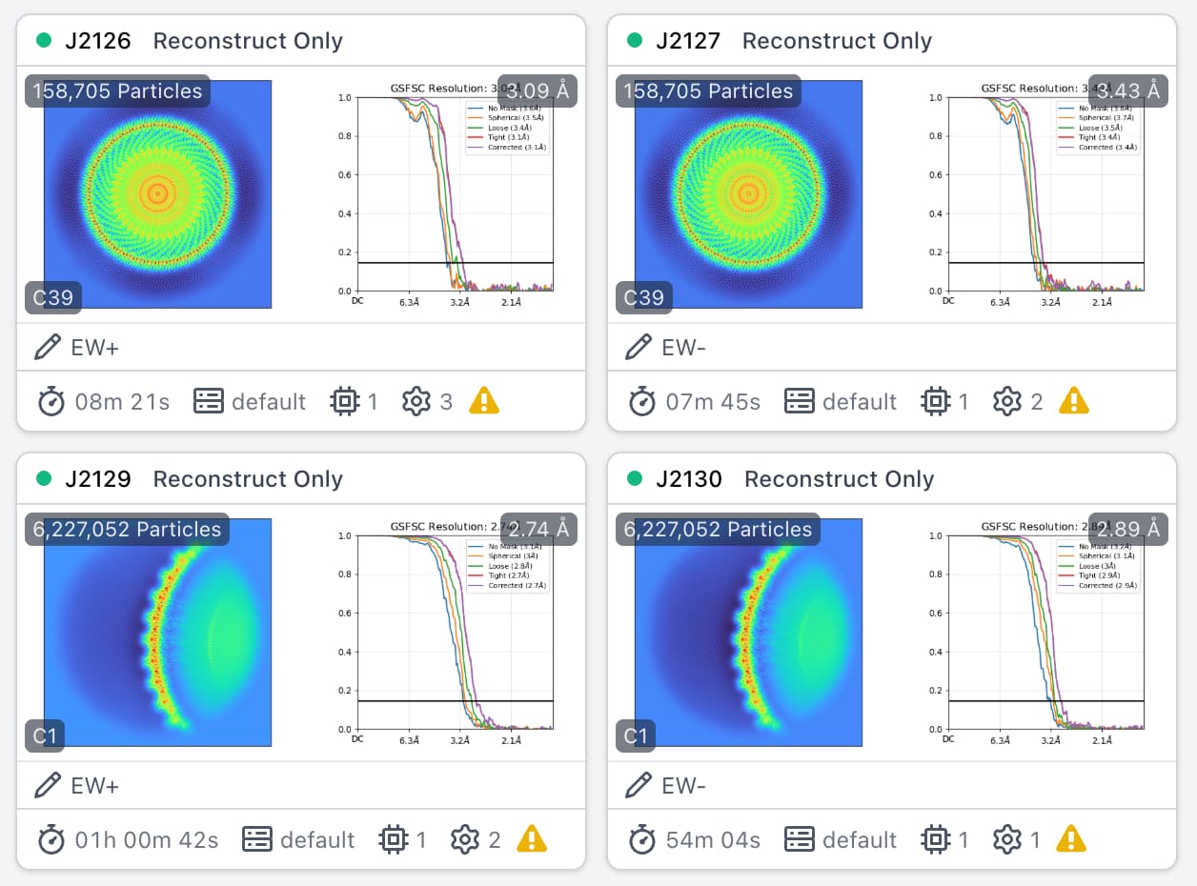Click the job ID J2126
(97, 41)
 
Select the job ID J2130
(688, 479)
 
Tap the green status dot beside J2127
(634, 41)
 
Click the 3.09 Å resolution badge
(538, 91)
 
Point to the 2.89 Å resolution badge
(1128, 530)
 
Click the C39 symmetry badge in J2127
(643, 297)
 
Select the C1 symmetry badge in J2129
(45, 735)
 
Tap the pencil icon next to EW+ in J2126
(47, 348)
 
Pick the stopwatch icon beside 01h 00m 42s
(51, 839)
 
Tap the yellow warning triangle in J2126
(484, 401)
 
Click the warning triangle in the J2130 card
(1072, 839)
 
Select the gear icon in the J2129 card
(465, 839)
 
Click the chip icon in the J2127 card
(935, 401)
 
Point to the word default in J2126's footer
(269, 402)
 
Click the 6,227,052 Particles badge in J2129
(127, 530)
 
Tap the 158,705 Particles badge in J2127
(708, 91)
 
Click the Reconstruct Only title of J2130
(839, 479)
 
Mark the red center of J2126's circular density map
(158, 194)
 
